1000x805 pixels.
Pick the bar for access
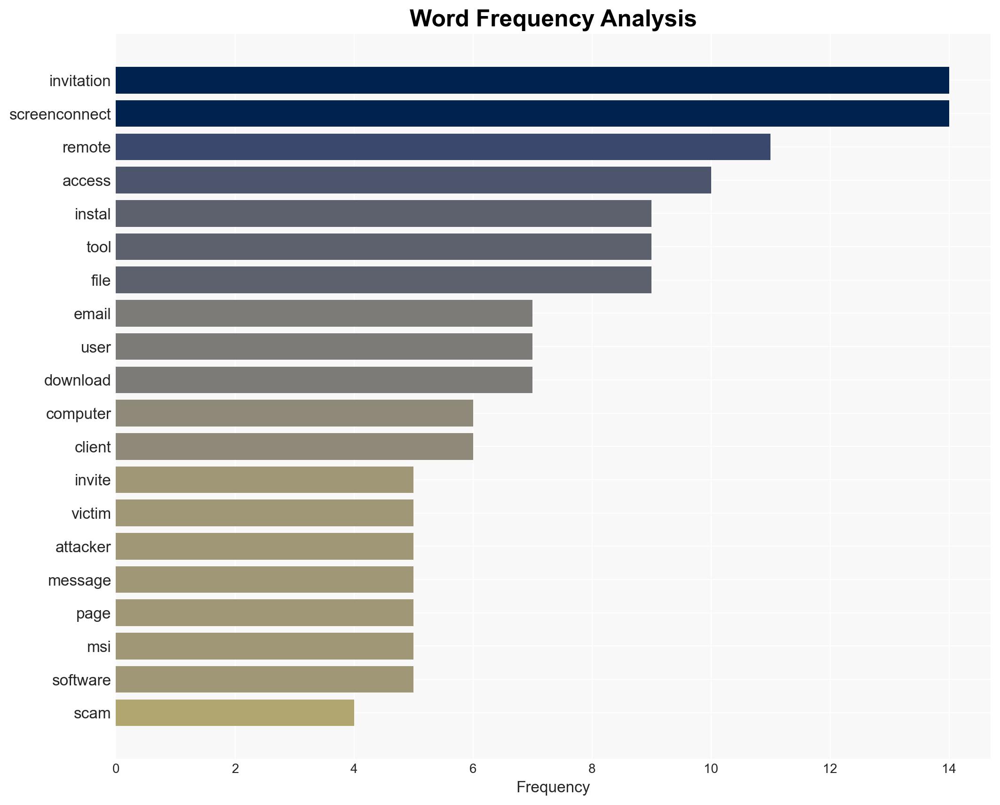tap(413, 180)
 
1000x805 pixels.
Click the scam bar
tap(235, 713)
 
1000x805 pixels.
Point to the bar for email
tap(324, 314)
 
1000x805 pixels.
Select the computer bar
tap(294, 413)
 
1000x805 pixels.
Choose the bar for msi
tap(264, 646)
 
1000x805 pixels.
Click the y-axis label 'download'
tap(77, 380)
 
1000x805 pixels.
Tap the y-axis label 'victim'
tap(91, 514)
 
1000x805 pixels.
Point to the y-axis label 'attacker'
tap(83, 547)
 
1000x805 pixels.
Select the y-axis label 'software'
tap(81, 680)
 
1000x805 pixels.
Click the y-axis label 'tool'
tap(98, 247)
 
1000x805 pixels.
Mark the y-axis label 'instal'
tap(92, 214)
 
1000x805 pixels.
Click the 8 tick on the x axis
tap(592, 769)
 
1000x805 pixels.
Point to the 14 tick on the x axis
tap(949, 769)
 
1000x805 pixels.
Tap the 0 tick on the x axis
tap(116, 769)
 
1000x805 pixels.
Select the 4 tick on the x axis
tap(354, 769)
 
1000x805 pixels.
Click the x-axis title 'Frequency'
tap(553, 787)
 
